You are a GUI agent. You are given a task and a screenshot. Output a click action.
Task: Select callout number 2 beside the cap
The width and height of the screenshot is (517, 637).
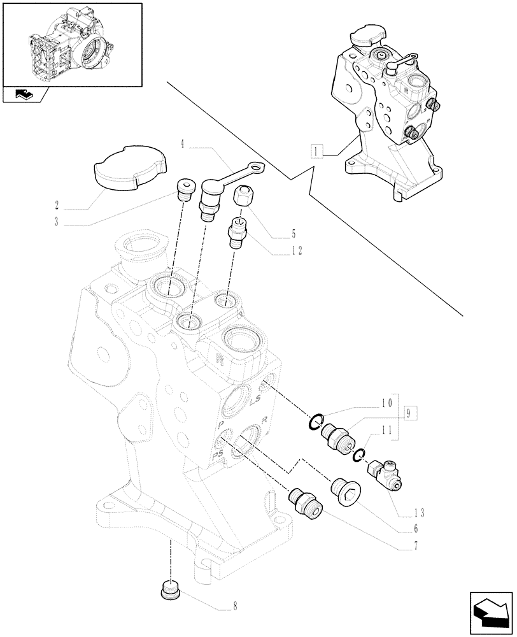coord(57,205)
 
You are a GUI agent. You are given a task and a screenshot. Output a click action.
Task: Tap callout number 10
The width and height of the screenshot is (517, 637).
coord(385,404)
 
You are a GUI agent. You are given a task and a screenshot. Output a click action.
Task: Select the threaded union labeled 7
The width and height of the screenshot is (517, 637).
coord(307,501)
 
